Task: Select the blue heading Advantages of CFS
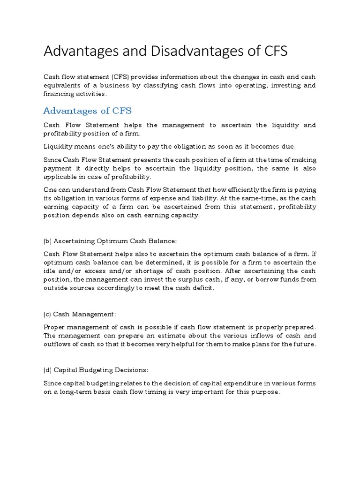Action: click(88, 111)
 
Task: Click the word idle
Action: click(49, 271)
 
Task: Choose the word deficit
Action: click(203, 288)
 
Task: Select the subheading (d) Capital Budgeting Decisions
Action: click(96, 370)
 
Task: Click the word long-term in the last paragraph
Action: click(74, 392)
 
